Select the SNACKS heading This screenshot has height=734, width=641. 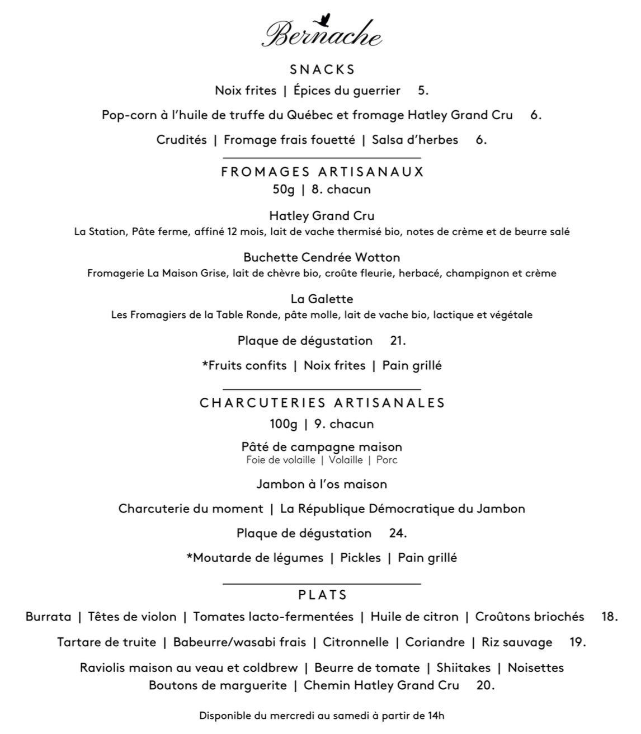tap(322, 69)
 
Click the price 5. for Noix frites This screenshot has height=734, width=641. tap(423, 91)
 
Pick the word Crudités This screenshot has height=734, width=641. tap(181, 140)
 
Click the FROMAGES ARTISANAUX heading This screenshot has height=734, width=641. tap(322, 172)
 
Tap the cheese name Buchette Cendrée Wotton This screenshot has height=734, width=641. tap(322, 257)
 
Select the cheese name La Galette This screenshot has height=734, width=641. tap(322, 299)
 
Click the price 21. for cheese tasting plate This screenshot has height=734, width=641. tap(398, 341)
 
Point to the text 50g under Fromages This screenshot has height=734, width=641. tap(283, 190)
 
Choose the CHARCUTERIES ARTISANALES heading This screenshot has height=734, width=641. tap(322, 403)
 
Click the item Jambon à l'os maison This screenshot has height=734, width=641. tap(322, 484)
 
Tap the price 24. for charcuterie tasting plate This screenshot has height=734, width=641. tap(398, 533)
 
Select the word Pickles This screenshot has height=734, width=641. tap(360, 558)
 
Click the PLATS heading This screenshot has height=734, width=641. tap(323, 595)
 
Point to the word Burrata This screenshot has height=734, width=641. tap(48, 617)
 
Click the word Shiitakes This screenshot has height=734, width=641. tap(463, 667)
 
